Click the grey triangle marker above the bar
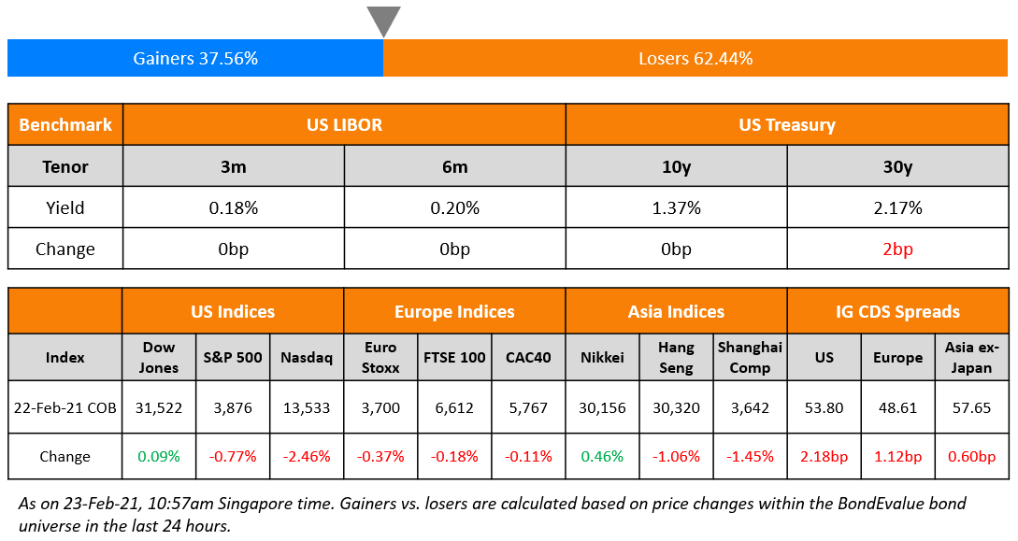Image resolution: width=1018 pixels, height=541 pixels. [x=383, y=20]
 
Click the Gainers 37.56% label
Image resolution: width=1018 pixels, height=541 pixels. [x=195, y=58]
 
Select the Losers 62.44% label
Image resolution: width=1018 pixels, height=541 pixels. [x=695, y=58]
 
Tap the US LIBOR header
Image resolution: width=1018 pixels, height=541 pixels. [x=344, y=124]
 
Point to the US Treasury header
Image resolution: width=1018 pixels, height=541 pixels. [x=786, y=124]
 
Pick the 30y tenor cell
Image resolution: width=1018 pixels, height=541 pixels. [x=897, y=167]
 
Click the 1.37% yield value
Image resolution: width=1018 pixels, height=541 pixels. [x=676, y=208]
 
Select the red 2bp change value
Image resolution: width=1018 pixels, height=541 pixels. [x=897, y=249]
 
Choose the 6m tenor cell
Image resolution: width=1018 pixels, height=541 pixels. [x=454, y=167]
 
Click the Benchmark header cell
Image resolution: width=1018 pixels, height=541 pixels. [x=65, y=124]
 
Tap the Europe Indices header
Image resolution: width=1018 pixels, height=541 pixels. [x=454, y=311]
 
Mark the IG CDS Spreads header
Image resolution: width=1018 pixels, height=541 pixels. [x=897, y=311]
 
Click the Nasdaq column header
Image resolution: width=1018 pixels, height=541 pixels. [x=307, y=357]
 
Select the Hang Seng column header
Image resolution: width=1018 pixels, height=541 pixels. [x=676, y=357]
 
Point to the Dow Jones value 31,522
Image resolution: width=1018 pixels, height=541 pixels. [x=159, y=407]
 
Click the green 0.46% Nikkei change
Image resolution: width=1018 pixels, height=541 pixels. [x=602, y=457]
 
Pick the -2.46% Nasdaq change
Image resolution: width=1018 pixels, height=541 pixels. [x=307, y=457]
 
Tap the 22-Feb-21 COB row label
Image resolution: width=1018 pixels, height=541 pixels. [x=65, y=407]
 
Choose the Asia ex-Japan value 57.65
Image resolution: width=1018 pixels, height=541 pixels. [x=971, y=407]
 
